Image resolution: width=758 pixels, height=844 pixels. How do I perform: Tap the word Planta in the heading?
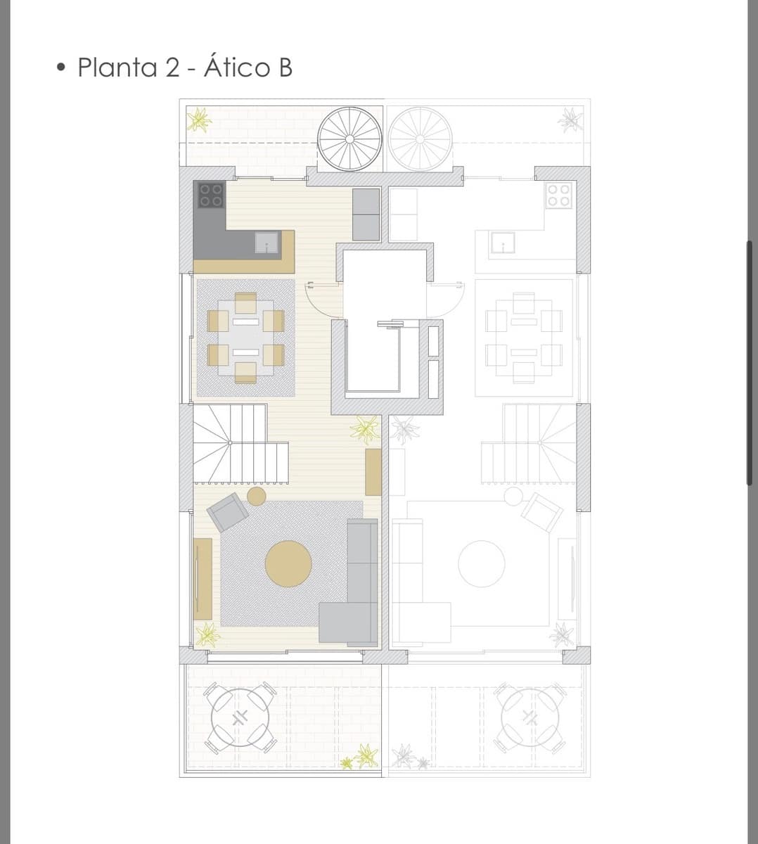point(117,68)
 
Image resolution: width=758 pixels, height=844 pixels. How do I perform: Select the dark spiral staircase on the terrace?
point(349,139)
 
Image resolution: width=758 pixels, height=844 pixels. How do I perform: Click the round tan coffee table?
point(288,563)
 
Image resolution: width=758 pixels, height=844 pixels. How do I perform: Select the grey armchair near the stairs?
point(227,511)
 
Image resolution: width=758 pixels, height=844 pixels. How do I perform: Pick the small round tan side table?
point(257,496)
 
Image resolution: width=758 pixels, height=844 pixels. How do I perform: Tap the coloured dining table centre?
point(245,337)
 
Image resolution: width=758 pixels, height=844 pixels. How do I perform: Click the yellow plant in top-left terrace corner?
point(199,120)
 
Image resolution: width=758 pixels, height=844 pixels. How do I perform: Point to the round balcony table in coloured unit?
point(240,717)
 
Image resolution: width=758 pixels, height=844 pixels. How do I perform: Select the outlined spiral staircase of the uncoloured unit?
point(420,139)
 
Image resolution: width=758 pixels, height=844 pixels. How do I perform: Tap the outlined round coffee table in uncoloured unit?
point(482,563)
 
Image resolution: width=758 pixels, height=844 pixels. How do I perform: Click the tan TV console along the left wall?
point(203,578)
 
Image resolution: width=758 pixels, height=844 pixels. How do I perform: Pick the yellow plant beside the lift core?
point(365,429)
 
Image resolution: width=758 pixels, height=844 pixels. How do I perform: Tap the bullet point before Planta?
point(62,68)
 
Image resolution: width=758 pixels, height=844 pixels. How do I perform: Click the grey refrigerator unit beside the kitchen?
point(366,215)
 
